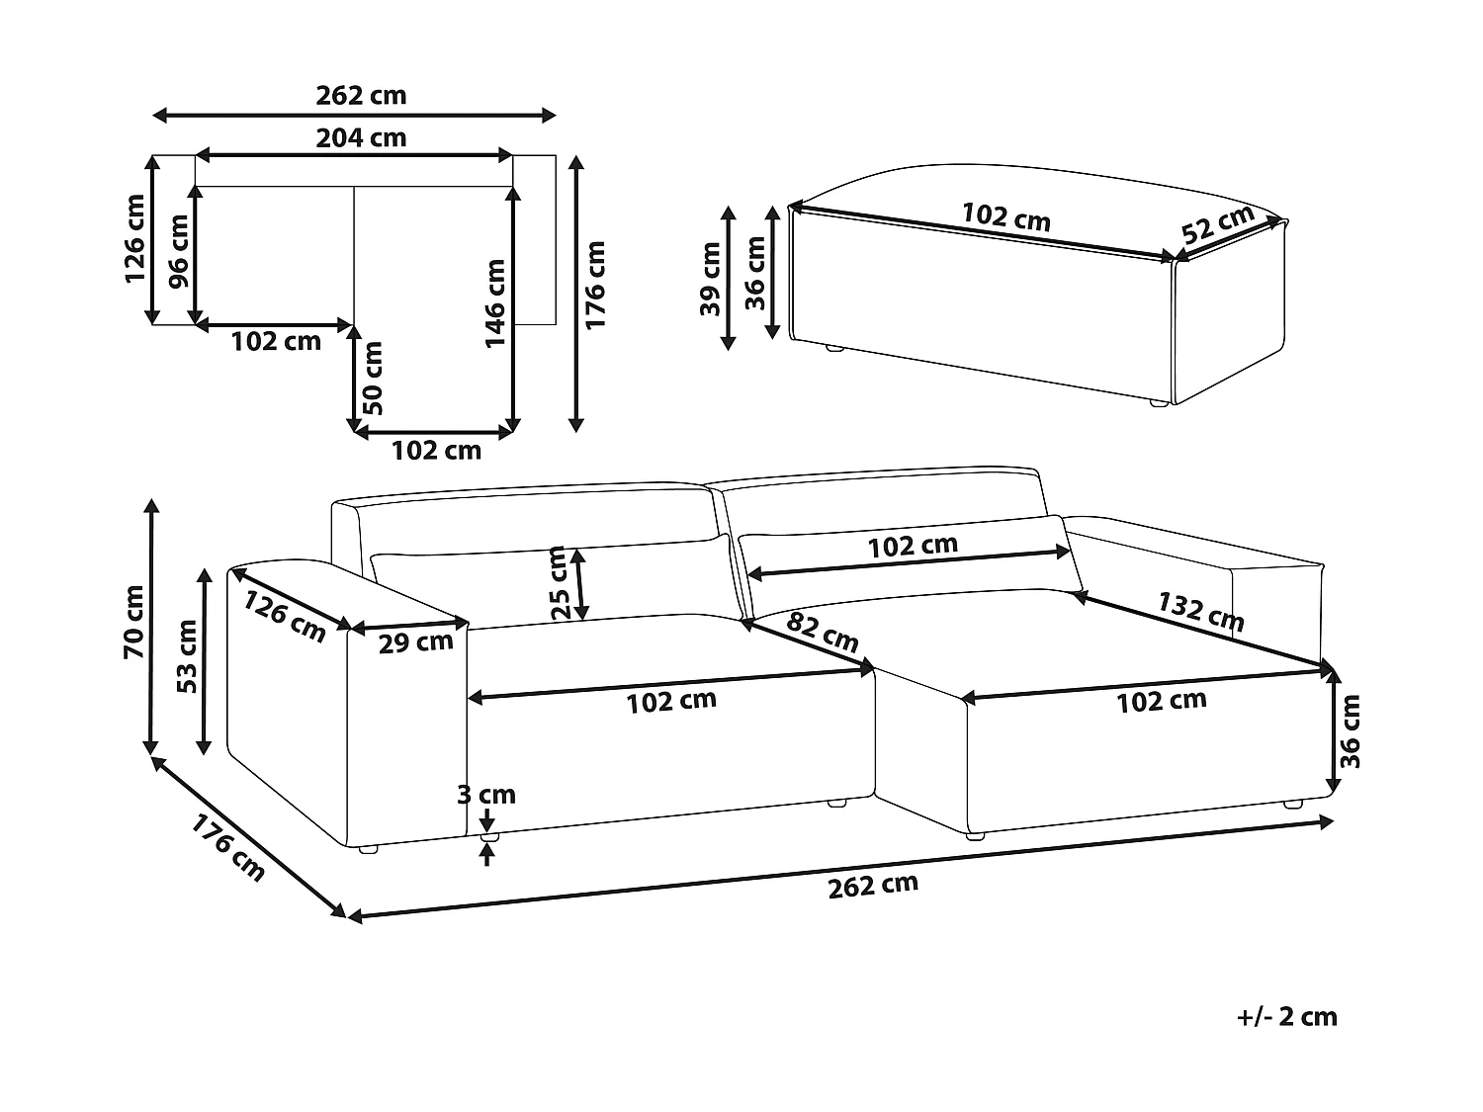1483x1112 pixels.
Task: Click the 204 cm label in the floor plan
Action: point(361,137)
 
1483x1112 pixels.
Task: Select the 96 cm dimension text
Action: point(179,251)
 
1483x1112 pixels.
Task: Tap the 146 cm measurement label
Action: point(495,303)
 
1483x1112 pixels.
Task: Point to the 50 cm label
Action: point(372,378)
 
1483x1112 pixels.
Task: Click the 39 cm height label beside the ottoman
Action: point(710,279)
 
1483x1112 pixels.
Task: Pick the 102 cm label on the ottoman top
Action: point(1005,216)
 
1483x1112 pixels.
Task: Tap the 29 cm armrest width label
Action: point(416,642)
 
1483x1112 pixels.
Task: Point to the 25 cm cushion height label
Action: point(560,583)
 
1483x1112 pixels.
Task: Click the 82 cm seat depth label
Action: point(824,632)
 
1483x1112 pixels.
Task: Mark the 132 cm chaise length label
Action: point(1200,611)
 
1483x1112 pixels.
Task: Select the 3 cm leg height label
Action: point(486,795)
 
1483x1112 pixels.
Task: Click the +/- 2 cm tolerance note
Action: point(1286,1016)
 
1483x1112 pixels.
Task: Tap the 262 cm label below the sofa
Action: point(873,885)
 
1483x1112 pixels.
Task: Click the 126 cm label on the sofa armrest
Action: point(285,616)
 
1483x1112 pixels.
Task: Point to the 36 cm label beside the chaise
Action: point(1352,730)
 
